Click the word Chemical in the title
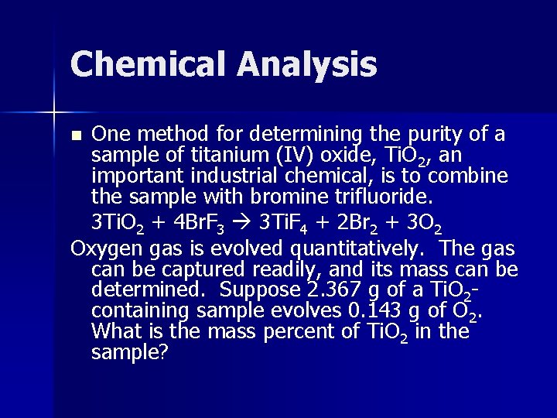144,63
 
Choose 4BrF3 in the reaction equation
198,222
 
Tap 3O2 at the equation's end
425,222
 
